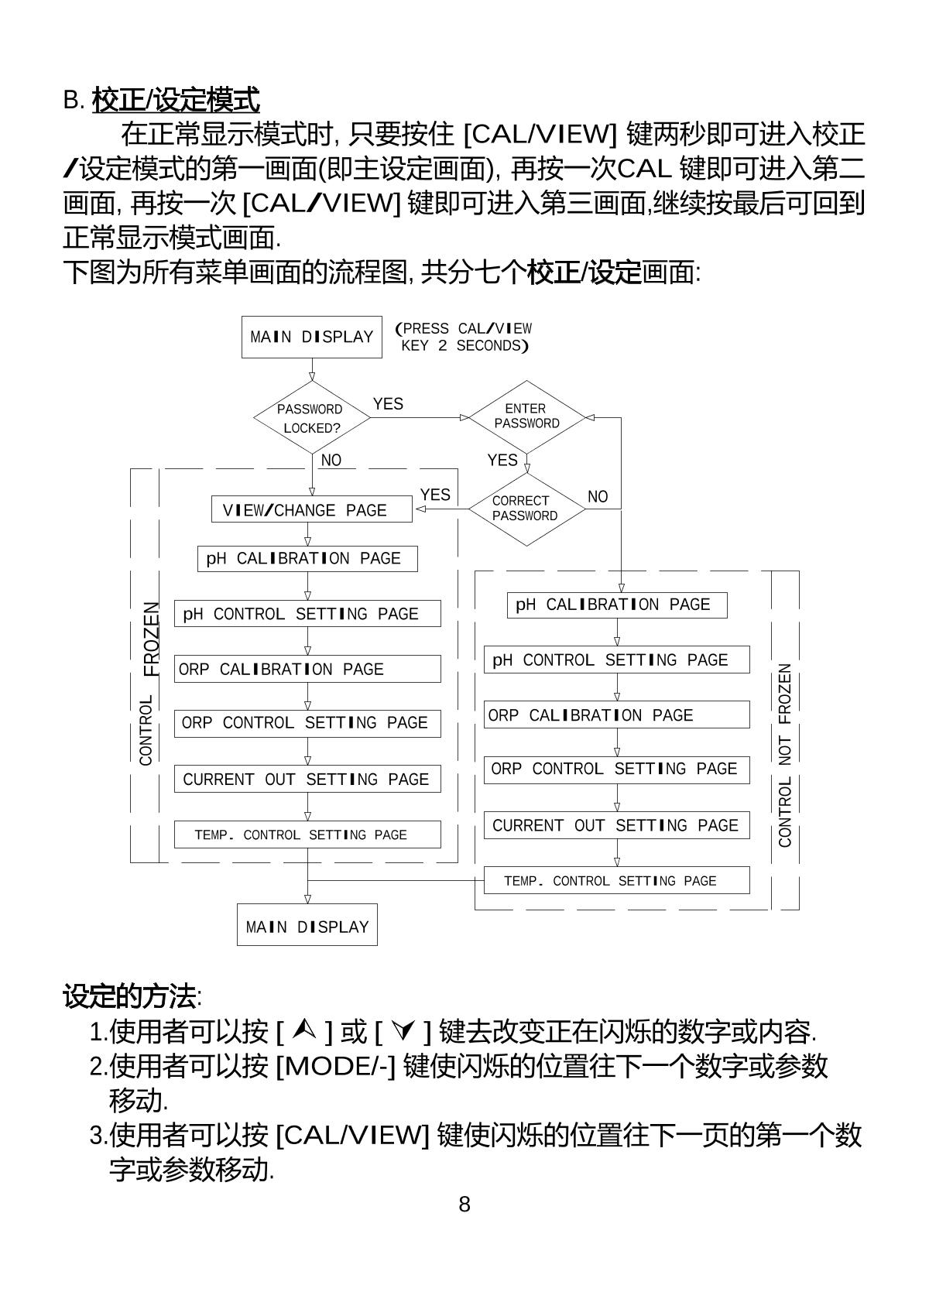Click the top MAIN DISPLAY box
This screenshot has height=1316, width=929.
pos(312,337)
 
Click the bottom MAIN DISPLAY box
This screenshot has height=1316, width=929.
pos(307,926)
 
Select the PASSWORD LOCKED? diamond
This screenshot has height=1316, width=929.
pos(312,418)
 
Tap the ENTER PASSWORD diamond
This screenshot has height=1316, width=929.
pos(526,416)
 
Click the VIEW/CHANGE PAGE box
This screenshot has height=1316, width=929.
pos(312,510)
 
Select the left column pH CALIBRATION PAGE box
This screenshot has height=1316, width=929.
pos(307,558)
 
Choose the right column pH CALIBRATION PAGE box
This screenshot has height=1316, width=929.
pos(617,605)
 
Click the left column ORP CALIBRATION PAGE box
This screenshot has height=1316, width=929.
pos(307,669)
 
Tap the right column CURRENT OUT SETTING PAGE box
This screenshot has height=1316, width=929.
pos(617,825)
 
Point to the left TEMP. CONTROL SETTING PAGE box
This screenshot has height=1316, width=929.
pos(307,834)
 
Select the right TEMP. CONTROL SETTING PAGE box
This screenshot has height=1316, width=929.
pos(617,881)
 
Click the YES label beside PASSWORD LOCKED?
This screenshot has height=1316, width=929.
pos(388,404)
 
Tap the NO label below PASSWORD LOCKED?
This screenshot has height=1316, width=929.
pos(331,461)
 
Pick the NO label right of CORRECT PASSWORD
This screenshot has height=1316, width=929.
pos(598,497)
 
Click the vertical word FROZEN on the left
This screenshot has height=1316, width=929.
pos(153,639)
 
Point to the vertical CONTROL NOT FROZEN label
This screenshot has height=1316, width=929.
pos(785,755)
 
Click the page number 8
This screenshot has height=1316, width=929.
pos(464,1205)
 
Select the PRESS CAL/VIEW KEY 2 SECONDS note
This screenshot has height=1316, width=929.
pos(464,338)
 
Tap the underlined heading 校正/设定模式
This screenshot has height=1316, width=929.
pos(176,101)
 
